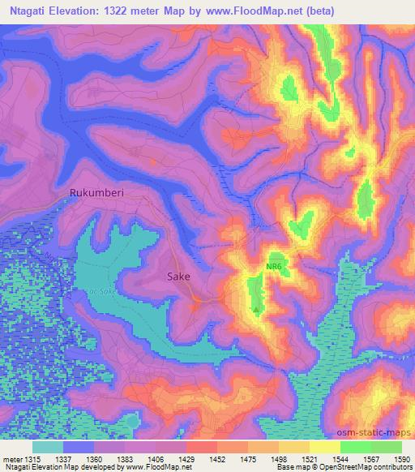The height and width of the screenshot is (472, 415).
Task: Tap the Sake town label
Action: click(x=178, y=277)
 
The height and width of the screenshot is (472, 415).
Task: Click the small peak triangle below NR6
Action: click(x=257, y=309)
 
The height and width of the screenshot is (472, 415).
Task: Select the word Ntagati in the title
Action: click(x=28, y=11)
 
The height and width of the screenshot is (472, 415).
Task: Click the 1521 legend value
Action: click(x=308, y=458)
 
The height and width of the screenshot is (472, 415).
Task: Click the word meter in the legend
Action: click(x=14, y=458)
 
